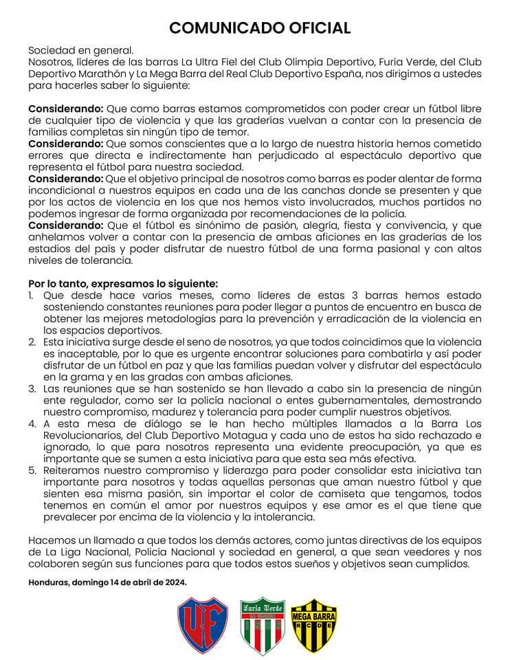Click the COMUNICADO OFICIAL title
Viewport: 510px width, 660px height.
click(x=260, y=27)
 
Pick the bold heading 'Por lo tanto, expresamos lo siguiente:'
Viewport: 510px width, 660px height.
click(x=123, y=284)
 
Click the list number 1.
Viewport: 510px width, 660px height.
click(x=32, y=296)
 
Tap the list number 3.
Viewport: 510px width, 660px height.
click(x=32, y=389)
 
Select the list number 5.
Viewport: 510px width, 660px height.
click(x=32, y=470)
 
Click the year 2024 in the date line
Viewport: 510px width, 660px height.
click(x=172, y=582)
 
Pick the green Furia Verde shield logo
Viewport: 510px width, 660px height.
click(x=262, y=625)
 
